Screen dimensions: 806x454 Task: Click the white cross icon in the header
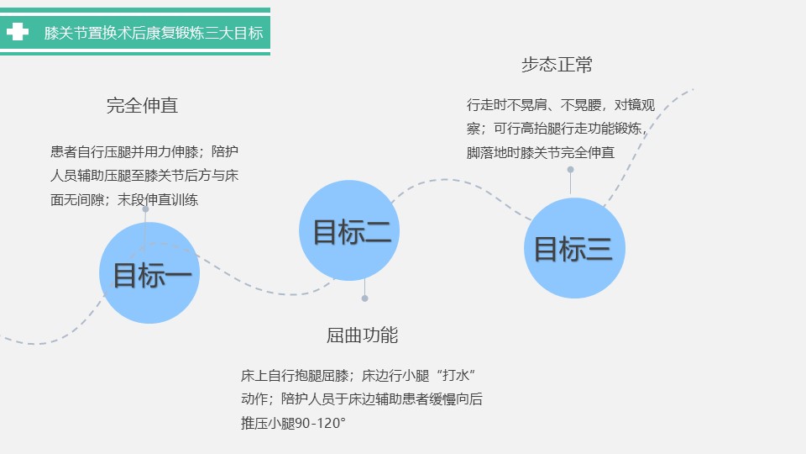pos(17,32)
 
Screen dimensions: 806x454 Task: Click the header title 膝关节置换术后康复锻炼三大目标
pos(154,33)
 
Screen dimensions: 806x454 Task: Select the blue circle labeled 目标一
pos(149,272)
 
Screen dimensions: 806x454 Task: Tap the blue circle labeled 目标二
pos(349,230)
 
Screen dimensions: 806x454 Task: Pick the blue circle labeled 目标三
pos(574,248)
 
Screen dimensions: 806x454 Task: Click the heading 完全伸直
pos(143,106)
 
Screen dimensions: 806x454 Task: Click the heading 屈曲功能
pos(363,335)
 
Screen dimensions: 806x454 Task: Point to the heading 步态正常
pos(557,65)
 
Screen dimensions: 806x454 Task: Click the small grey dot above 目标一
pos(145,209)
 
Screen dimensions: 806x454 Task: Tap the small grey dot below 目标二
pos(365,298)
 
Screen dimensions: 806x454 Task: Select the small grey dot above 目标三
pos(571,169)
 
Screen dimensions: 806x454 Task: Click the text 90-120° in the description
pos(320,424)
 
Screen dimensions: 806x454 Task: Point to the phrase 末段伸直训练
pos(158,200)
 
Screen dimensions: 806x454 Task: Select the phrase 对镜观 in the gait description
pos(635,105)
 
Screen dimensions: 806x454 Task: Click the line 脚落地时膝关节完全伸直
pos(541,152)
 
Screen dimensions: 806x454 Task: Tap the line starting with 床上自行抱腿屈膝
pos(359,375)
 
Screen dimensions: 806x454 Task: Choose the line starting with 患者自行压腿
pos(144,151)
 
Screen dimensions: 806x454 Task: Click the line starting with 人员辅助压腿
pos(144,176)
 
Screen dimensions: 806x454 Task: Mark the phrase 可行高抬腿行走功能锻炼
pos(568,129)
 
